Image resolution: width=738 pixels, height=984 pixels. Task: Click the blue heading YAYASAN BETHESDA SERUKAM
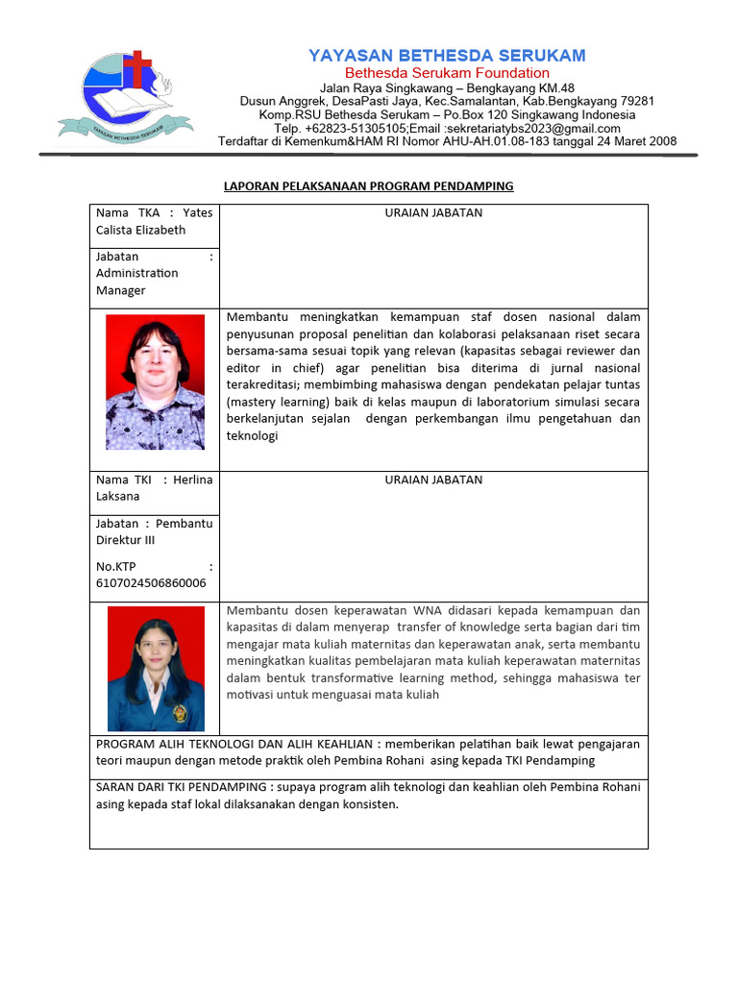click(x=447, y=56)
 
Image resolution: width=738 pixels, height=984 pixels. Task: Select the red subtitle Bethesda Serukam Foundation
click(x=447, y=73)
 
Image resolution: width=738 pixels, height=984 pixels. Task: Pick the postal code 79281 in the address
click(x=637, y=101)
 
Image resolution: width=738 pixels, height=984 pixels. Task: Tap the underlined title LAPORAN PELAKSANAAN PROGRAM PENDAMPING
click(x=369, y=185)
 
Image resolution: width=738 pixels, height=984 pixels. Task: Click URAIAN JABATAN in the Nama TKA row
click(x=433, y=212)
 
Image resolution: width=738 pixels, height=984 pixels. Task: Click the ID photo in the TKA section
click(x=155, y=381)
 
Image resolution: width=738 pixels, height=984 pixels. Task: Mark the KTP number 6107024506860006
click(x=150, y=582)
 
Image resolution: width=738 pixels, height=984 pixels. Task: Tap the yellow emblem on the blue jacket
click(x=178, y=712)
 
